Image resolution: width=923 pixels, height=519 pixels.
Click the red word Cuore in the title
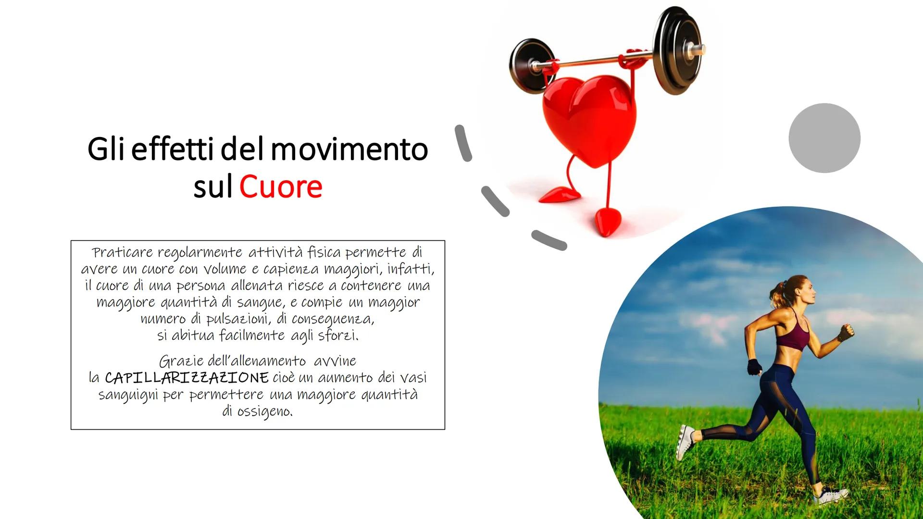(x=281, y=186)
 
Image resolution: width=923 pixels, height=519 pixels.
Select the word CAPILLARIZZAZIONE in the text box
(x=187, y=378)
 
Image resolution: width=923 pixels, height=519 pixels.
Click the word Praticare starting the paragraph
(x=122, y=252)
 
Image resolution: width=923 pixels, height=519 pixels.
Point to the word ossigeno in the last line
(x=264, y=412)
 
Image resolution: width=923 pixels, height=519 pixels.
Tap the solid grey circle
(x=824, y=138)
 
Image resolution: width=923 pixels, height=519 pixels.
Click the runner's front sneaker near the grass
(x=831, y=494)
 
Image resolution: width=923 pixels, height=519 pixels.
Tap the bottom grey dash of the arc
(x=549, y=240)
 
